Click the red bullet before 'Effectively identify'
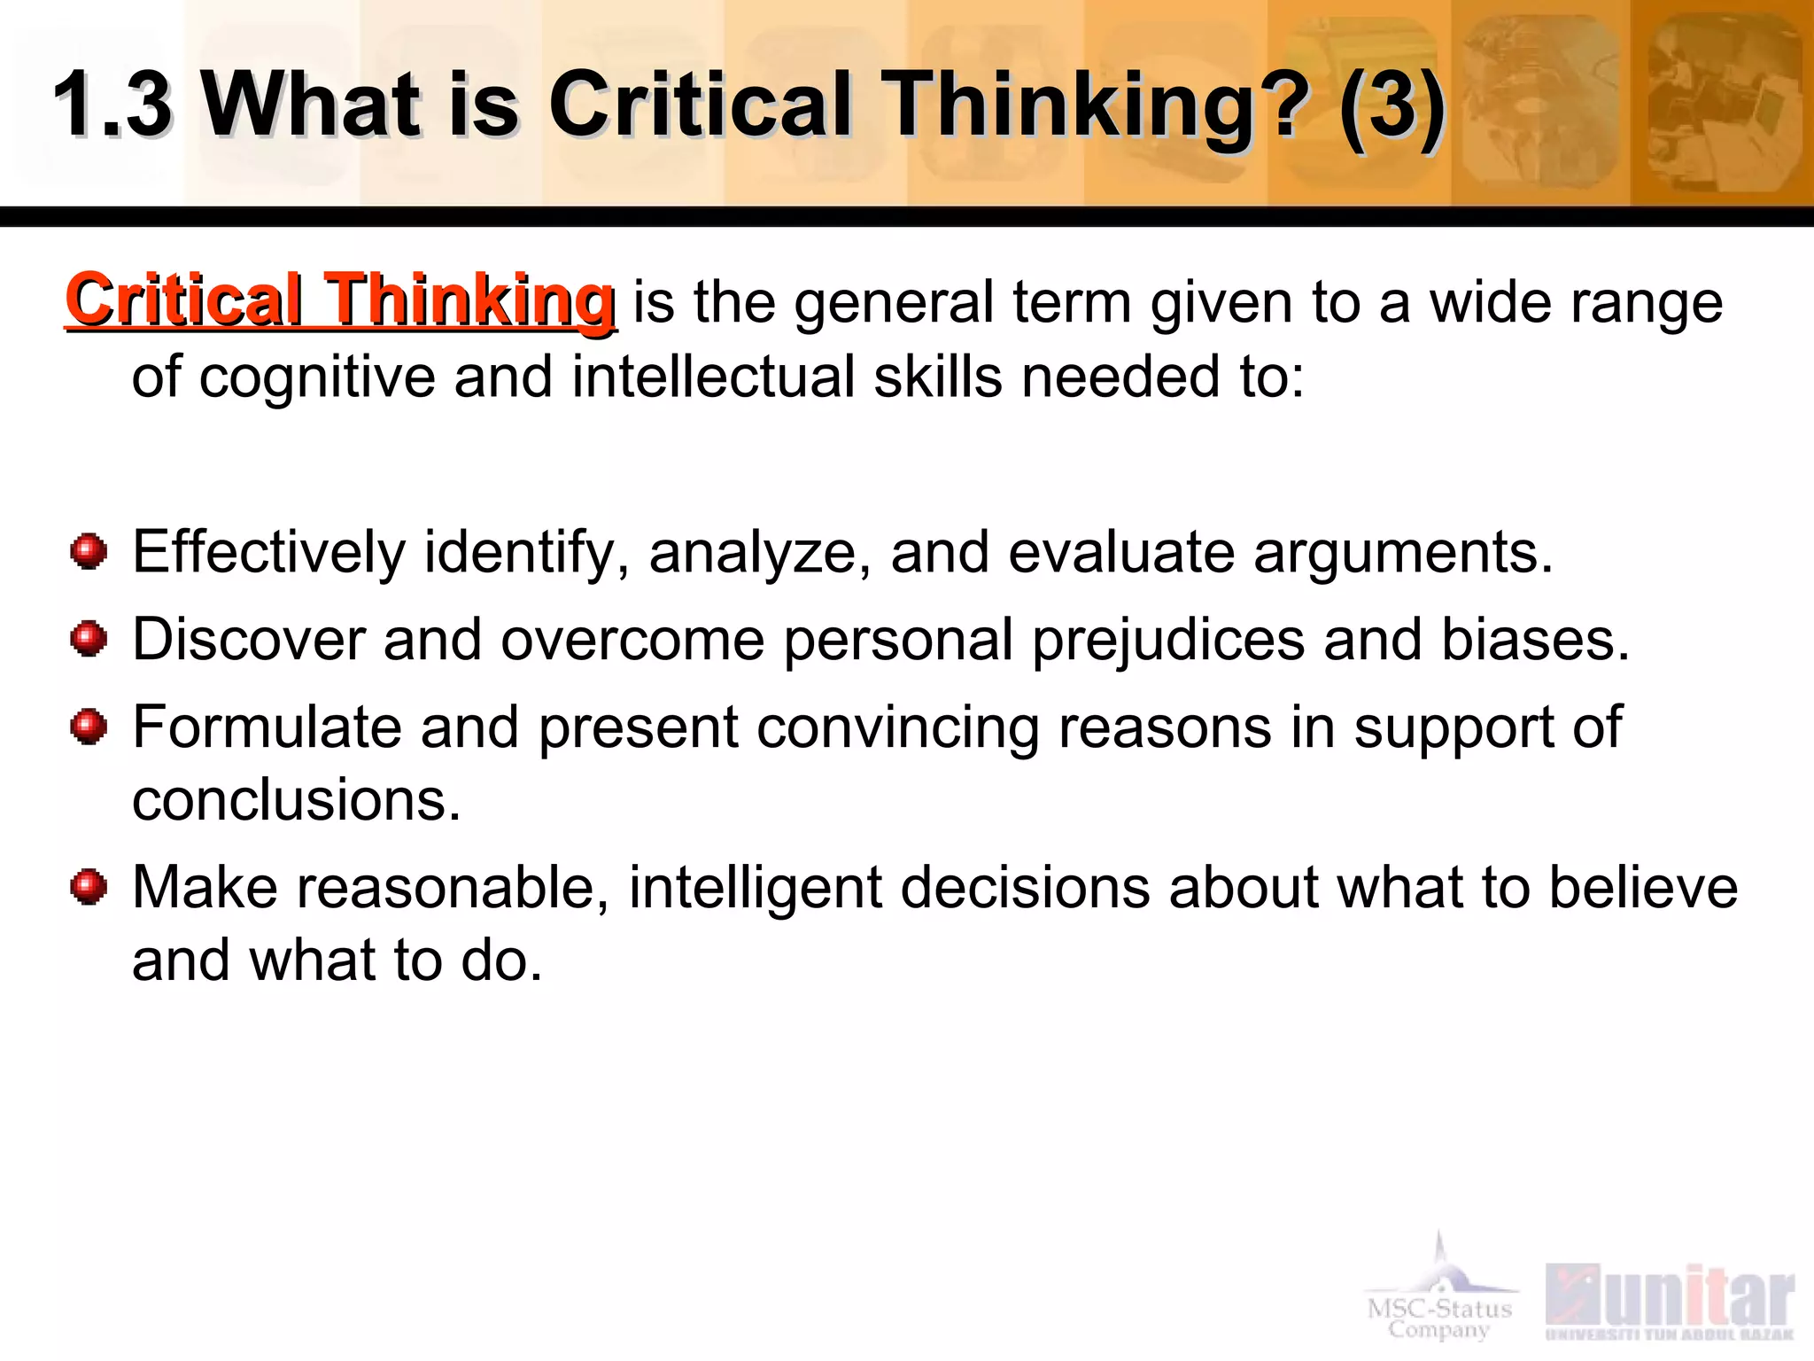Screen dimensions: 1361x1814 [x=89, y=552]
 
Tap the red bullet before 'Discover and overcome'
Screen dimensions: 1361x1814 [x=89, y=639]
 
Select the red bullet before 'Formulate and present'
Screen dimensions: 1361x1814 [x=89, y=727]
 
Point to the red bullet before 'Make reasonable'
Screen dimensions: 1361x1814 [x=89, y=887]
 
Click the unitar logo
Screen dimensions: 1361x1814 [x=1671, y=1301]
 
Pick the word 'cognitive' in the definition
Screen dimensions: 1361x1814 [x=317, y=377]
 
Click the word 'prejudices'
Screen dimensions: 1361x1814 [x=1168, y=640]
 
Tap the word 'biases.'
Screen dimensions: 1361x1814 [x=1535, y=640]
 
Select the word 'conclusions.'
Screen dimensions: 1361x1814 [x=297, y=800]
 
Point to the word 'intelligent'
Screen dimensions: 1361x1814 [x=755, y=888]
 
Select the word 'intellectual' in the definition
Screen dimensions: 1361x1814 [x=712, y=377]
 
